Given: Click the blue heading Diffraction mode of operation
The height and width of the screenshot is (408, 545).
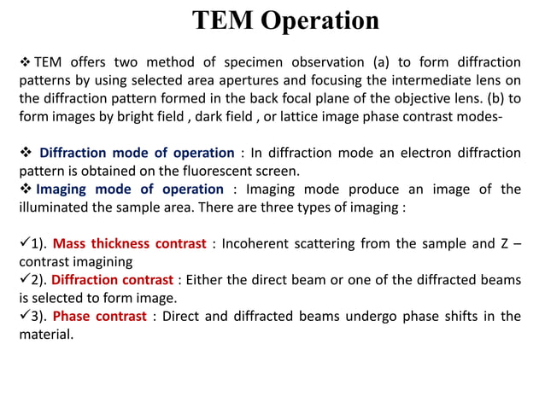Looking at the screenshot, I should pyautogui.click(x=137, y=153).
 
